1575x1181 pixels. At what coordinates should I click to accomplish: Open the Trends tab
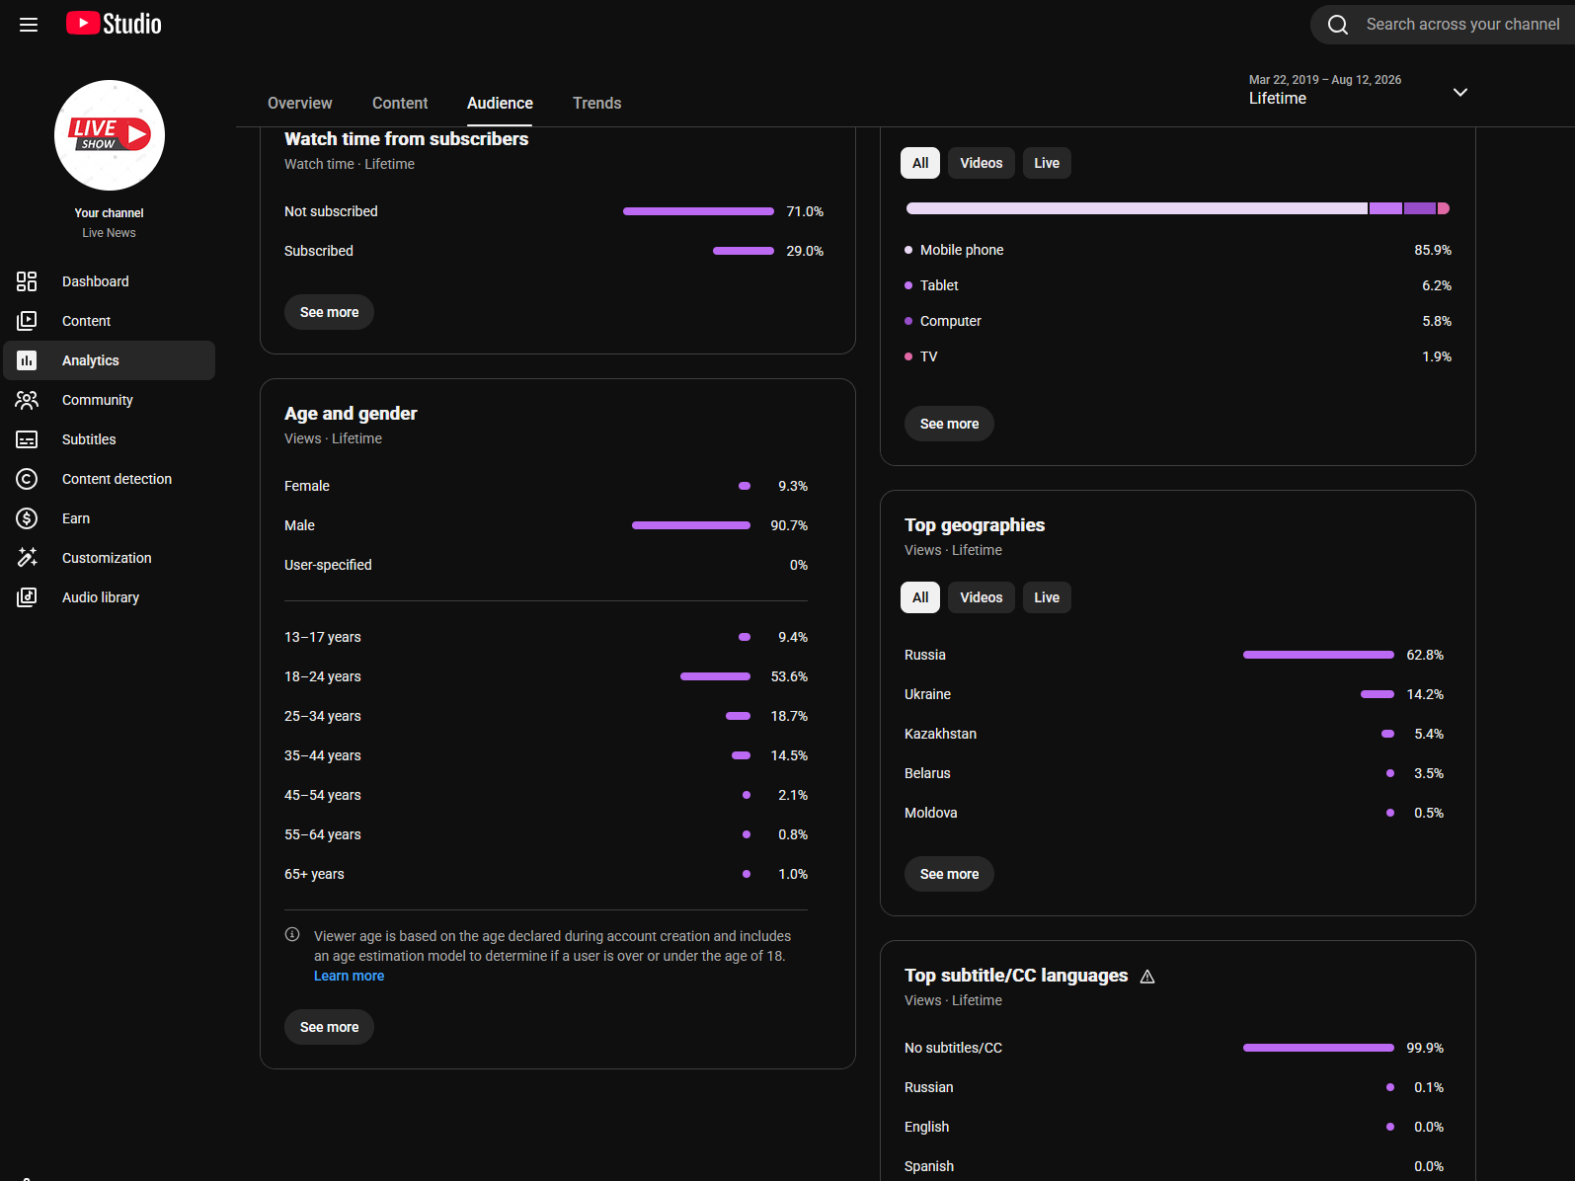[596, 103]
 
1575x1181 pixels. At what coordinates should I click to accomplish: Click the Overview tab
[300, 103]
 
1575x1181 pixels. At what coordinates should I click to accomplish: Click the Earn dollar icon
[27, 518]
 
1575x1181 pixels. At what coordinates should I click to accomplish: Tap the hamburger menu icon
[28, 25]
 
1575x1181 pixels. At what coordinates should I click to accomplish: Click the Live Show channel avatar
[109, 135]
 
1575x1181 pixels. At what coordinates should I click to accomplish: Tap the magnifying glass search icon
[1337, 25]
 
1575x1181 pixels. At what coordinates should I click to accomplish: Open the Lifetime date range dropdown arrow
[1459, 92]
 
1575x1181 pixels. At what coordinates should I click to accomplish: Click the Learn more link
[349, 976]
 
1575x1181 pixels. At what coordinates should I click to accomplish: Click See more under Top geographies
[949, 874]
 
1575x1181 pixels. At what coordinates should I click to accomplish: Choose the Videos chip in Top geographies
[981, 597]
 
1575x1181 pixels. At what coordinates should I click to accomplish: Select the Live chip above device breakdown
[1046, 163]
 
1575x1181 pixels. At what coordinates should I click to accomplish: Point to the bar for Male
[691, 525]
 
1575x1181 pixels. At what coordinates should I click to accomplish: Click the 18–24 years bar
[715, 676]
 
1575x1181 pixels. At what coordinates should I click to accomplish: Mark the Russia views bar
[1318, 655]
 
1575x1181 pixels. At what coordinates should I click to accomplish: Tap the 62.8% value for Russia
[1424, 655]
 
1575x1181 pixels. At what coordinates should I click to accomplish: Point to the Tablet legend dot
[908, 285]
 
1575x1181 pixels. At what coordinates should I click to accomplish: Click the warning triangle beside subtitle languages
[1146, 977]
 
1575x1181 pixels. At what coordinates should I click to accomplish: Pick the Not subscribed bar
[698, 211]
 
